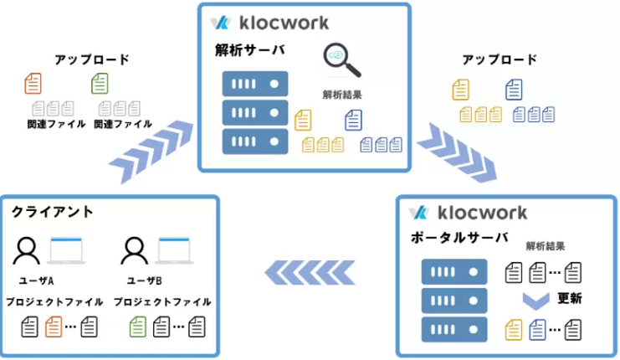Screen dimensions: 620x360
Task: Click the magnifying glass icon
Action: click(x=341, y=59)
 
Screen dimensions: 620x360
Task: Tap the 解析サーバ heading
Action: click(x=250, y=50)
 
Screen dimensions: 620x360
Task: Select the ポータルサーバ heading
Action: click(x=459, y=238)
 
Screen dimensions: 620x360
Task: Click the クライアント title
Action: click(x=52, y=212)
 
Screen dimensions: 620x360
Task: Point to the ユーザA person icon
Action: click(x=27, y=251)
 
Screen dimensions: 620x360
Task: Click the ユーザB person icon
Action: click(x=135, y=251)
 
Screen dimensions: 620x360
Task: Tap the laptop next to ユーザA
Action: click(x=66, y=251)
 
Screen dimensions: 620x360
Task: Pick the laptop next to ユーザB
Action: click(x=174, y=251)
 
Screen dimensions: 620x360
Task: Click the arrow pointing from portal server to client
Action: click(x=310, y=273)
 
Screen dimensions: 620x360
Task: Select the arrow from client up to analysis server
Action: click(x=151, y=152)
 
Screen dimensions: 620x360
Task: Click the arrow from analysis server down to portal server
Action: click(x=458, y=153)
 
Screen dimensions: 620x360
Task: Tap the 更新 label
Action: click(x=570, y=298)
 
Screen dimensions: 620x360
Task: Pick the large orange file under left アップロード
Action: click(x=33, y=84)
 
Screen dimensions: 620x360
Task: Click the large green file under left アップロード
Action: click(x=100, y=84)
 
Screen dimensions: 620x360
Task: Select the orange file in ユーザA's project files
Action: click(x=54, y=327)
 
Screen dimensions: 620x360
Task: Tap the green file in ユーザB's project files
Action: click(x=137, y=327)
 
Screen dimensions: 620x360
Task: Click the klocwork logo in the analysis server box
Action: click(x=269, y=23)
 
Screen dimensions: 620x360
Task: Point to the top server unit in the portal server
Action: click(x=454, y=272)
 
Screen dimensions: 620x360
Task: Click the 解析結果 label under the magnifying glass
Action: click(x=342, y=95)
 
